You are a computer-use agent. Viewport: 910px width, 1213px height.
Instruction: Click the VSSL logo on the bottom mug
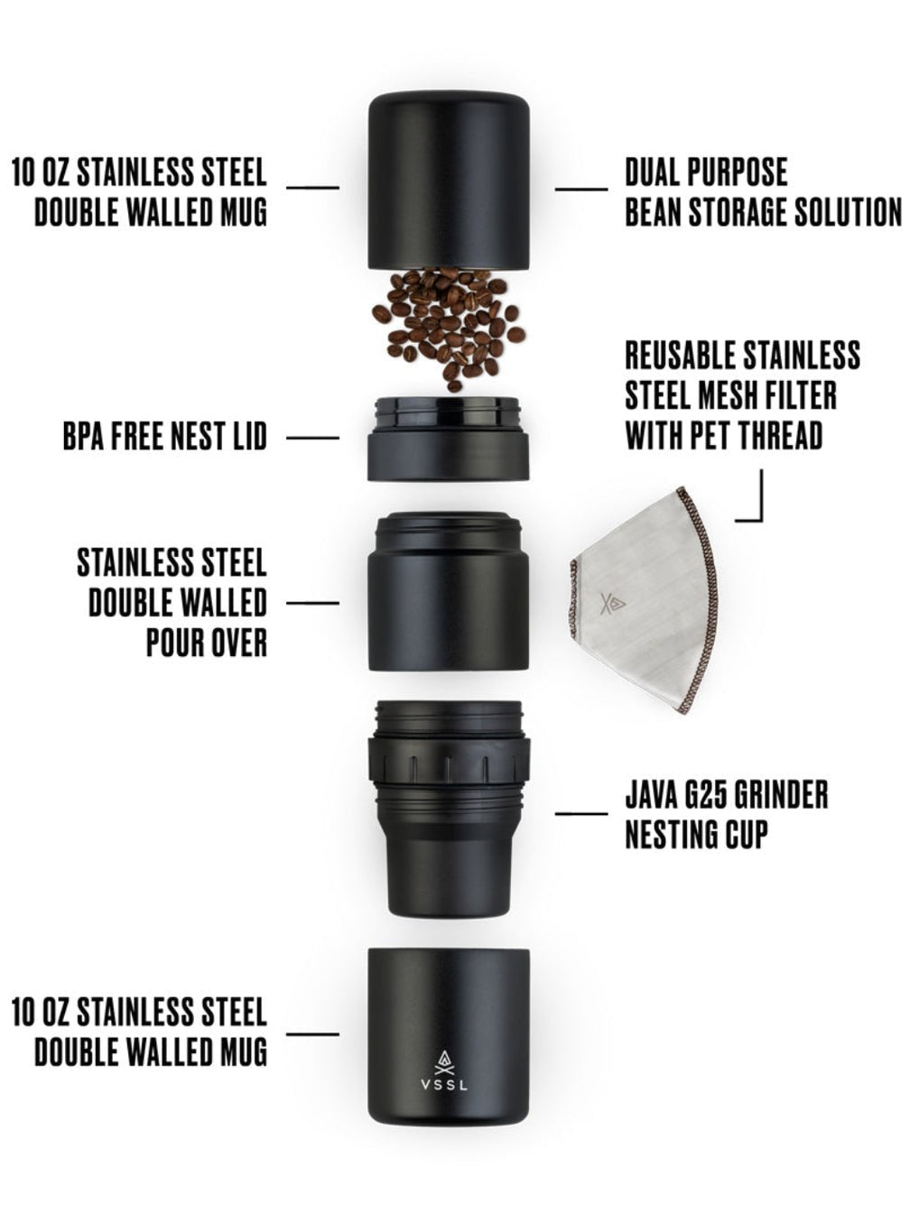[x=444, y=1069]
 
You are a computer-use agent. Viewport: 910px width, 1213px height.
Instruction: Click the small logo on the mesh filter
[x=617, y=602]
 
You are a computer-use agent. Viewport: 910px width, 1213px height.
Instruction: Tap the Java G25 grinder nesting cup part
[x=448, y=803]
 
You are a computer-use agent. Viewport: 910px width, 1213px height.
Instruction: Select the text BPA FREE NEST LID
[x=165, y=438]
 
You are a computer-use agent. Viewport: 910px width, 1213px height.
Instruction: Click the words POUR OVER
[x=207, y=642]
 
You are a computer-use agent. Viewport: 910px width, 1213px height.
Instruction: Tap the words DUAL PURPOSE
[x=706, y=171]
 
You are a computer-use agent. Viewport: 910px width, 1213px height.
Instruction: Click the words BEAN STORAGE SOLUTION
[x=763, y=212]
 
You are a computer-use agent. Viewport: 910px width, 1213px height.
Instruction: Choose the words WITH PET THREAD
[x=724, y=436]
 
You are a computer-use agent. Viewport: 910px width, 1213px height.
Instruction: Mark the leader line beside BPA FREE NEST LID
[x=312, y=438]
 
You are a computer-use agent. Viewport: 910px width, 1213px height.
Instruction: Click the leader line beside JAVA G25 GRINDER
[x=581, y=814]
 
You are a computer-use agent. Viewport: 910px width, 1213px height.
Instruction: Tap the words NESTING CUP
[x=696, y=835]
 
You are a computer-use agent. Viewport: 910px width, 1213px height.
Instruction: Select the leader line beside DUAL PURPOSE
[x=581, y=190]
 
